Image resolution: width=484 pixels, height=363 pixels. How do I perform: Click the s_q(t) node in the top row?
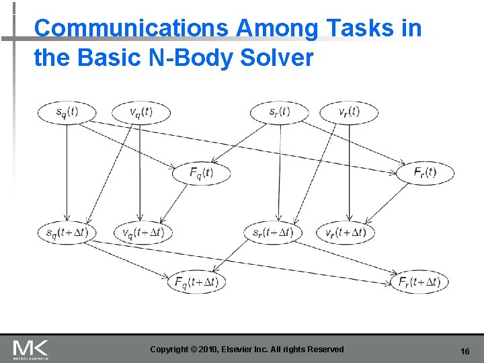point(67,112)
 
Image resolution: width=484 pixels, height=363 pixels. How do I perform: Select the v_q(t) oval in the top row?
point(140,112)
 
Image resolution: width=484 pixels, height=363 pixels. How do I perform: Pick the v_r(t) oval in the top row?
point(349,112)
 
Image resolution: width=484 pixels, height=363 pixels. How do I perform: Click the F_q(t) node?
point(201,173)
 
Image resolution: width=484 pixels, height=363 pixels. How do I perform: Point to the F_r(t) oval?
point(425,172)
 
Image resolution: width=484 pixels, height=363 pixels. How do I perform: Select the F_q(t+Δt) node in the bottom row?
point(196,282)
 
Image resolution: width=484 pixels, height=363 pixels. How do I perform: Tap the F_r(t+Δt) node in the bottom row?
point(419,282)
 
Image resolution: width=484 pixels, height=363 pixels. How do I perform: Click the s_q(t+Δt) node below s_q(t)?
point(67,233)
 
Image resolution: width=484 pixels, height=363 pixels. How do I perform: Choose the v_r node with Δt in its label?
point(346,233)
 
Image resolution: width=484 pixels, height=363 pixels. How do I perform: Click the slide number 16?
point(465,352)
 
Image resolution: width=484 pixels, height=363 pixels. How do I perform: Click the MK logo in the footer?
point(30,349)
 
